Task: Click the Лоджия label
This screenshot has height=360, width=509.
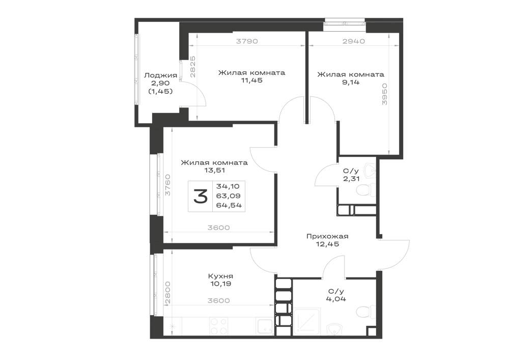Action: pyautogui.click(x=160, y=75)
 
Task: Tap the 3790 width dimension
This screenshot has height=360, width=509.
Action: pyautogui.click(x=247, y=41)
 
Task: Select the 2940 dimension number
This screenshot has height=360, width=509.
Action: pyautogui.click(x=354, y=41)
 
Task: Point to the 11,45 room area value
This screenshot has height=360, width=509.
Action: pyautogui.click(x=251, y=80)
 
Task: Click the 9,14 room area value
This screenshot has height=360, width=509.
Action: pyautogui.click(x=351, y=82)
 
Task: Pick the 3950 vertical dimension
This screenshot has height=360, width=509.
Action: pyautogui.click(x=385, y=94)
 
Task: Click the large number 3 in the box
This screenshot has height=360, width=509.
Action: pyautogui.click(x=200, y=197)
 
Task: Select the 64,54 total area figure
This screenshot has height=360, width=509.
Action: pyautogui.click(x=229, y=205)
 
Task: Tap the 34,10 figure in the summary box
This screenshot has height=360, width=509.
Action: pyautogui.click(x=228, y=186)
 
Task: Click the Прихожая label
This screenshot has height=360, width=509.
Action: pyautogui.click(x=327, y=236)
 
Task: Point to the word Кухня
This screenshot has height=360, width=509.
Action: pyautogui.click(x=220, y=276)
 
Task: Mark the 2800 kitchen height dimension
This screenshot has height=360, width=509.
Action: pyautogui.click(x=167, y=292)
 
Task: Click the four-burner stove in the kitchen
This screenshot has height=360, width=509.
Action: pyautogui.click(x=218, y=326)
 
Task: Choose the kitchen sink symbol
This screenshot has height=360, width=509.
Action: pyautogui.click(x=265, y=326)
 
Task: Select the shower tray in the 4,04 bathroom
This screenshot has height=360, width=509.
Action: pyautogui.click(x=307, y=321)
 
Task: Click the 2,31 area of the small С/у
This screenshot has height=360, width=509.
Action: pyautogui.click(x=351, y=179)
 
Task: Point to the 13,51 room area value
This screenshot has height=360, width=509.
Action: pyautogui.click(x=215, y=170)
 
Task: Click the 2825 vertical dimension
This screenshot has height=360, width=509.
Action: pyautogui.click(x=192, y=67)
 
